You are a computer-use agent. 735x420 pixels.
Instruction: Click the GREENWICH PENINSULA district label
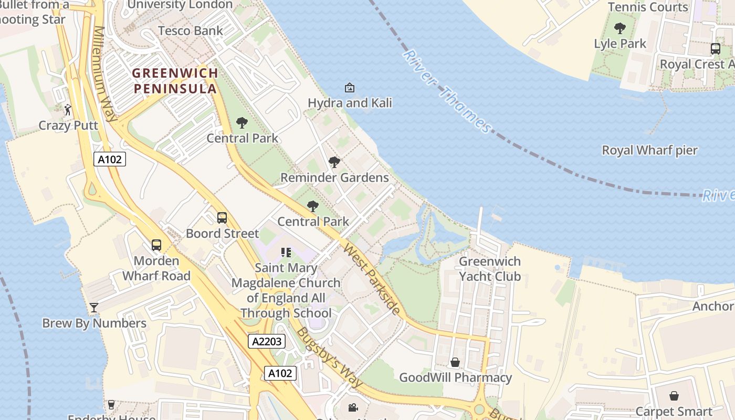tap(175, 80)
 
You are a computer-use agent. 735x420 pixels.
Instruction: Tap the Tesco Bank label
tap(191, 30)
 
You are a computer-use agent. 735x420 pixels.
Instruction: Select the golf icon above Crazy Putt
tap(68, 110)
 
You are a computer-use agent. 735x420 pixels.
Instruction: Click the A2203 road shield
tap(267, 341)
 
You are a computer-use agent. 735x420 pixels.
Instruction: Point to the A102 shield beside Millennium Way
tap(110, 159)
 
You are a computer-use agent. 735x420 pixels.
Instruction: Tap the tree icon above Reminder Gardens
tap(334, 162)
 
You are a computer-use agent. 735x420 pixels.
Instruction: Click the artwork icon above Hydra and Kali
tap(350, 88)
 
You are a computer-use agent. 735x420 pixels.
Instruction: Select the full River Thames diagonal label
tap(448, 92)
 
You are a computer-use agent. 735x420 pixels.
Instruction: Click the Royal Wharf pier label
tap(649, 150)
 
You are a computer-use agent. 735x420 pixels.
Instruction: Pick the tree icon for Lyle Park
tap(620, 28)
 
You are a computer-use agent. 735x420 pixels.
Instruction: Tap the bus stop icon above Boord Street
tap(222, 217)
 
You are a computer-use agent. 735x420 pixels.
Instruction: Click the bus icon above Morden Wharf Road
tap(156, 245)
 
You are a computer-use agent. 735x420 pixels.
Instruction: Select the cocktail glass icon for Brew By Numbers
tap(94, 308)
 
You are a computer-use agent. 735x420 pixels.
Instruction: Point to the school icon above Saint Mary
tap(286, 253)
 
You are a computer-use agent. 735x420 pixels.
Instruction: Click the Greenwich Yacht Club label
tap(490, 269)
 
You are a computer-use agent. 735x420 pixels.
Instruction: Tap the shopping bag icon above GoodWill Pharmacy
tap(455, 362)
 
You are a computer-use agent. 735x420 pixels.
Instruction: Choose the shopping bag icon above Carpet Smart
tap(674, 396)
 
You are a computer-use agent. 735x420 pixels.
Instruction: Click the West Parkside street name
tap(372, 279)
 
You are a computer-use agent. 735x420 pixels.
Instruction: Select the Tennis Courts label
tap(648, 7)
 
